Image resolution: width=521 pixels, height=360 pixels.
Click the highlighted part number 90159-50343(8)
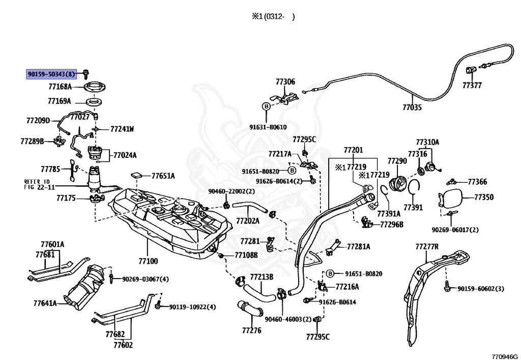click(x=51, y=74)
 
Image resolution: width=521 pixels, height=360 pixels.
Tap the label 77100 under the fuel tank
click(x=148, y=261)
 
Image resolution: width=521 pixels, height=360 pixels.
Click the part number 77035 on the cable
click(x=412, y=107)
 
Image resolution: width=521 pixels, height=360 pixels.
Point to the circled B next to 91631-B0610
click(x=266, y=106)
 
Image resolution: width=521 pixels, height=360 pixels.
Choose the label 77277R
click(x=427, y=246)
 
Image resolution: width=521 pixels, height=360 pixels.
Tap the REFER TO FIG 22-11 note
click(x=37, y=184)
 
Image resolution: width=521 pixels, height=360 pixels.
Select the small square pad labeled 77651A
click(x=137, y=175)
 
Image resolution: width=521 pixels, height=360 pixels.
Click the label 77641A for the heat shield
click(x=45, y=303)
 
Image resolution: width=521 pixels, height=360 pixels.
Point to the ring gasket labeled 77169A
click(x=94, y=101)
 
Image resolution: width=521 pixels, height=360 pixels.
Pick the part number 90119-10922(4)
click(x=192, y=307)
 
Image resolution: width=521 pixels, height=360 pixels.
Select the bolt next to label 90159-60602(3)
click(x=447, y=286)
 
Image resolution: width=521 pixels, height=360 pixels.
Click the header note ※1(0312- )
click(x=273, y=17)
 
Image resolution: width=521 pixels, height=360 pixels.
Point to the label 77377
click(x=472, y=86)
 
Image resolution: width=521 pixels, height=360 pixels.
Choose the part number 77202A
click(x=248, y=220)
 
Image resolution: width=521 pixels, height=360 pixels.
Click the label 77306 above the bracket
click(x=285, y=82)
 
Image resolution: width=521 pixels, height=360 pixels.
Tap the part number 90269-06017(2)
click(x=455, y=230)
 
